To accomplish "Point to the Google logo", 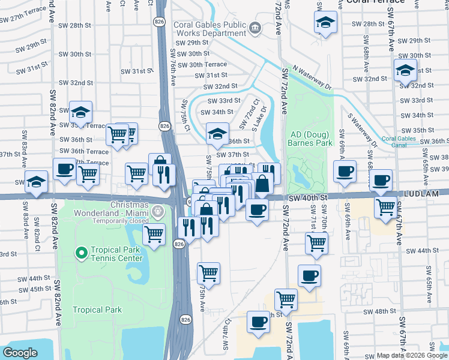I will coord(20,353).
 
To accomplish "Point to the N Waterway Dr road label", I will coord(312,77).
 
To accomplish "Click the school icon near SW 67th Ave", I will coord(405,70).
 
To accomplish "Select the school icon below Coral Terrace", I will coord(325,22).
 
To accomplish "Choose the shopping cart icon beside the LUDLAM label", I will coord(385,207).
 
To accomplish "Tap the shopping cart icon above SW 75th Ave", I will coord(208,272).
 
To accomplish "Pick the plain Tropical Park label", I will coord(97,310).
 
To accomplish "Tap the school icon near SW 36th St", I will coord(218,133).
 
